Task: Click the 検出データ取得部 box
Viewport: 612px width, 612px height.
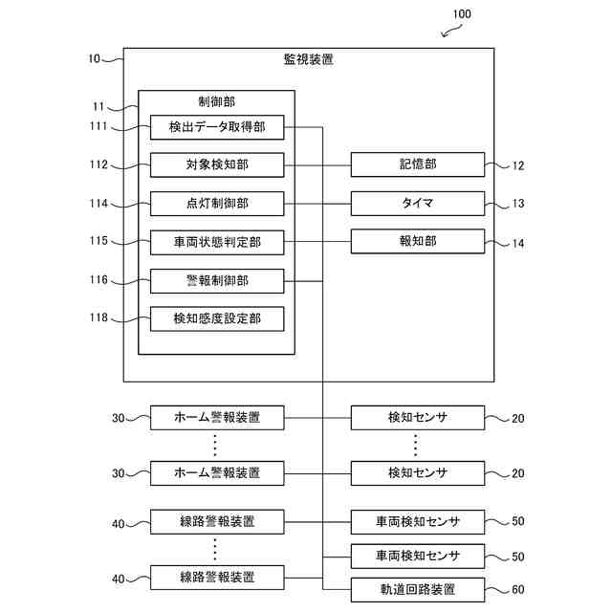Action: tap(217, 127)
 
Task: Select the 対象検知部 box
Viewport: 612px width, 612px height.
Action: tap(217, 165)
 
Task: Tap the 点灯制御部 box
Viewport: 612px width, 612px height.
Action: tap(217, 204)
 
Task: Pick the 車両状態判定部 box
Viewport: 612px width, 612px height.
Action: tap(217, 242)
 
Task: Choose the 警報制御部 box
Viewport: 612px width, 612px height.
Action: tap(217, 281)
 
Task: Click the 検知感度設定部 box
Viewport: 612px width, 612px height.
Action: tap(217, 318)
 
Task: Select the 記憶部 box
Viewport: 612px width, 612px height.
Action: tap(418, 164)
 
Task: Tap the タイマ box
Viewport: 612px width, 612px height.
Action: tap(418, 204)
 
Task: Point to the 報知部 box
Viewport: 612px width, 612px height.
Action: tap(418, 241)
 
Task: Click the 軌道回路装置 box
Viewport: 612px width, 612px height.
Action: tap(418, 590)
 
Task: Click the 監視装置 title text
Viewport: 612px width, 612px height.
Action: tap(308, 59)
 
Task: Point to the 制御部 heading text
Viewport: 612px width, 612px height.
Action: tap(217, 102)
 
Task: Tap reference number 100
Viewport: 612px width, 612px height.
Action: tap(462, 14)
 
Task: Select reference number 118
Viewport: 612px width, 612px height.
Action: tap(98, 317)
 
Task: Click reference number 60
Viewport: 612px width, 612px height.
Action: tap(518, 589)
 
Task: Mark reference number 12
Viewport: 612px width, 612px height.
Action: tap(518, 165)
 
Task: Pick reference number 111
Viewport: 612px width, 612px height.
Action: tap(98, 125)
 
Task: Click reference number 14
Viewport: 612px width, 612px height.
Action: tap(518, 244)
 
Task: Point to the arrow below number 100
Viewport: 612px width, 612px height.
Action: tap(451, 31)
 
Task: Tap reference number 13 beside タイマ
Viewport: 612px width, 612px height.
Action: tap(518, 204)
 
